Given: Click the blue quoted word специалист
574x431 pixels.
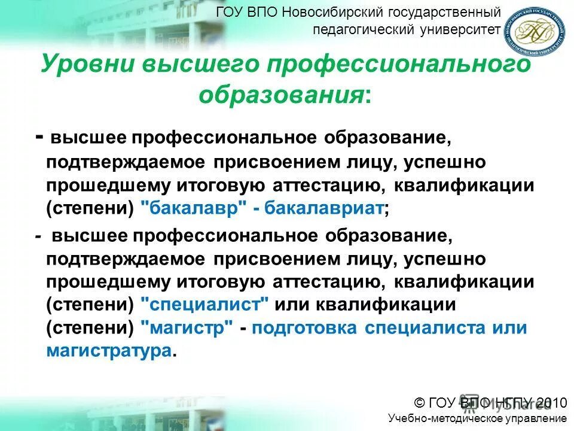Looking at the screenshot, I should [204, 304].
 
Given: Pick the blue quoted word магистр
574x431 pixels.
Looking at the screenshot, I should [187, 327].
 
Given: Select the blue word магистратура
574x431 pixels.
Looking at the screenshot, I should [108, 350].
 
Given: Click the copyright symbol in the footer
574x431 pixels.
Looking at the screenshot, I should [420, 402].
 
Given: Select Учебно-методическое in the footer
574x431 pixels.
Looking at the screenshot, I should [438, 418].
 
